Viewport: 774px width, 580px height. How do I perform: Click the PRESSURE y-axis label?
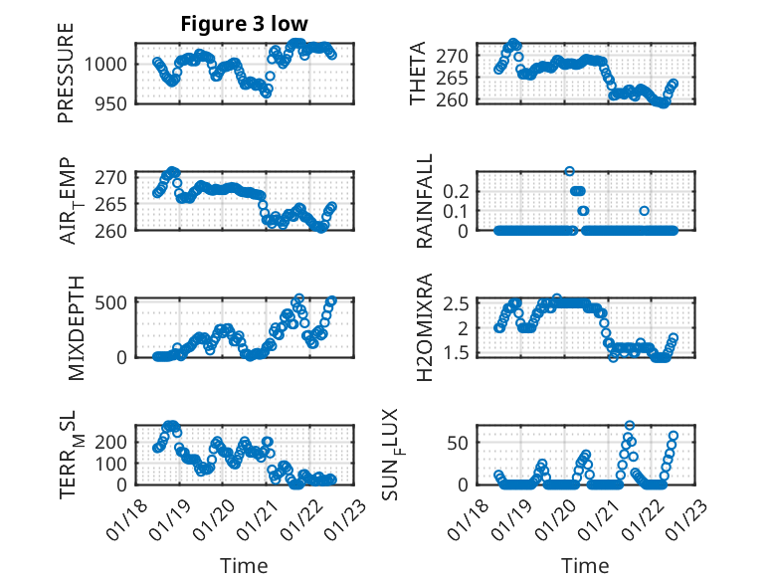click(66, 80)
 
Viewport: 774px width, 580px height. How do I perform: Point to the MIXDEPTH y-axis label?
click(76, 327)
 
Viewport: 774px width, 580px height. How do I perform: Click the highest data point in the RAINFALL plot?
click(569, 171)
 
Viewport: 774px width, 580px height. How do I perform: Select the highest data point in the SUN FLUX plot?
click(630, 426)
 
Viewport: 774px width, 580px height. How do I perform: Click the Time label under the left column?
click(244, 565)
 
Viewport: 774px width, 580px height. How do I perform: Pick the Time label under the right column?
click(585, 565)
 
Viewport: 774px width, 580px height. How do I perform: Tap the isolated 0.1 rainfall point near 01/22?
click(645, 211)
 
